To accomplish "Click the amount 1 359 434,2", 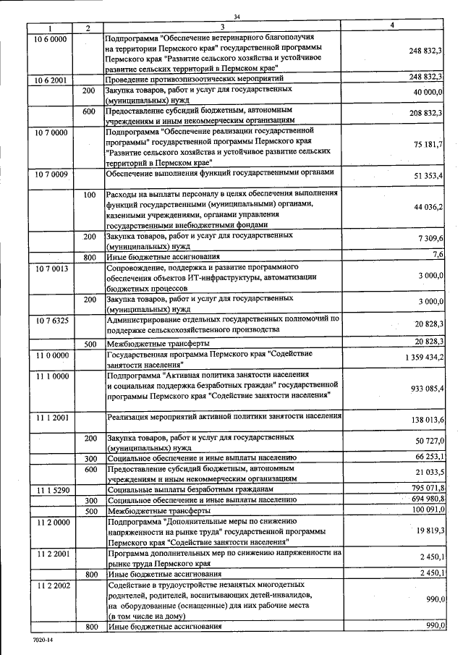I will (x=420, y=358).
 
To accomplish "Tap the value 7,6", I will (x=437, y=254).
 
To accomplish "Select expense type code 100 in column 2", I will (x=89, y=195).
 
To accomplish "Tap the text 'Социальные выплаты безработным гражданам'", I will (x=191, y=491).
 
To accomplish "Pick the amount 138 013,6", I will (x=425, y=421).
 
